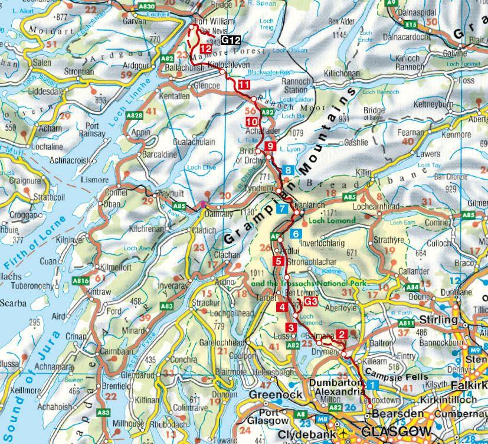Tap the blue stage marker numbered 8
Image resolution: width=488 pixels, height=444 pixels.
point(287,170)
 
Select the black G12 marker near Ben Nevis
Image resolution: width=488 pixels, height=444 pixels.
point(232,40)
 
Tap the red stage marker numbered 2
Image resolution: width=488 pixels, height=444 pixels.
point(341,335)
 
